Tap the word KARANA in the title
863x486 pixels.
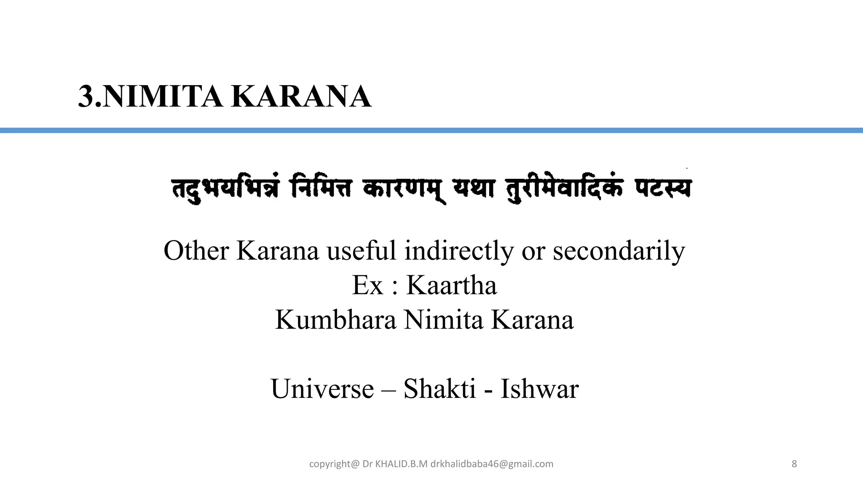(x=301, y=97)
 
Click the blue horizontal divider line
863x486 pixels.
(x=431, y=130)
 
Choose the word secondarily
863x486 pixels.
(x=619, y=251)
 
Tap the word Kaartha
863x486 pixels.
(x=451, y=286)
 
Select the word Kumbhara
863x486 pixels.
(x=336, y=320)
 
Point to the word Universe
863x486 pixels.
(x=322, y=389)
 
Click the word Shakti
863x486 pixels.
(x=440, y=389)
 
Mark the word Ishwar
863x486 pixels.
(x=539, y=389)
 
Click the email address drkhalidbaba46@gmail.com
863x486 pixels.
(x=492, y=464)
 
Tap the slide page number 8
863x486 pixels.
(x=794, y=464)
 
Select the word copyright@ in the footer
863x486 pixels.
(x=334, y=464)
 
